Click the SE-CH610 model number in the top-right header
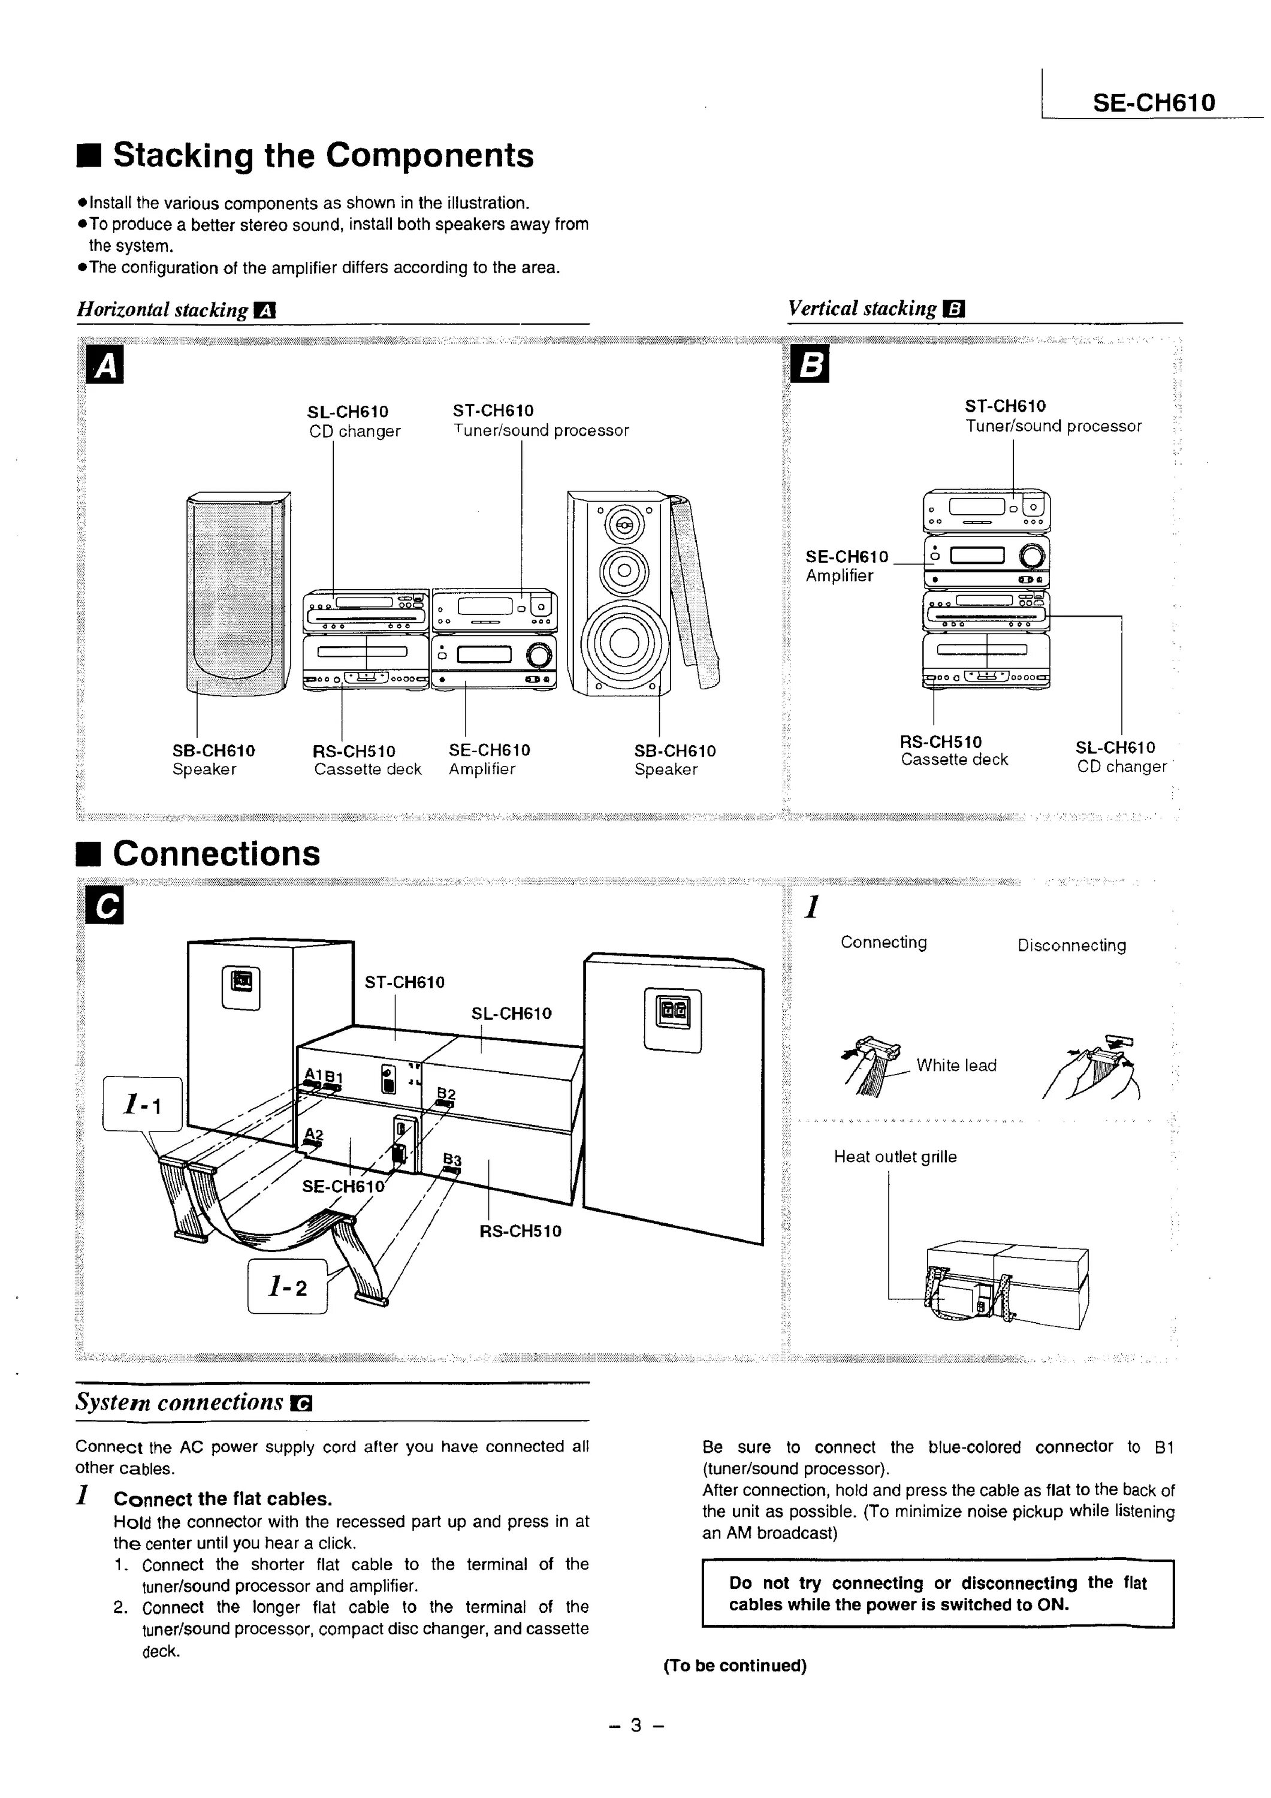1154,102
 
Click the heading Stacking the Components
322,155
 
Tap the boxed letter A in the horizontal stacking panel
105,366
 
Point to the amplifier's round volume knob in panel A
539,654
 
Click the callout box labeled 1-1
143,1104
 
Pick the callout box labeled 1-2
288,1286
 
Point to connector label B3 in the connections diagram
452,1160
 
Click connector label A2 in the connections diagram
313,1133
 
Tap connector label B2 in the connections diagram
446,1093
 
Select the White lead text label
956,1065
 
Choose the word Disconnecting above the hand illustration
1071,945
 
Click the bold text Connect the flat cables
222,1499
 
